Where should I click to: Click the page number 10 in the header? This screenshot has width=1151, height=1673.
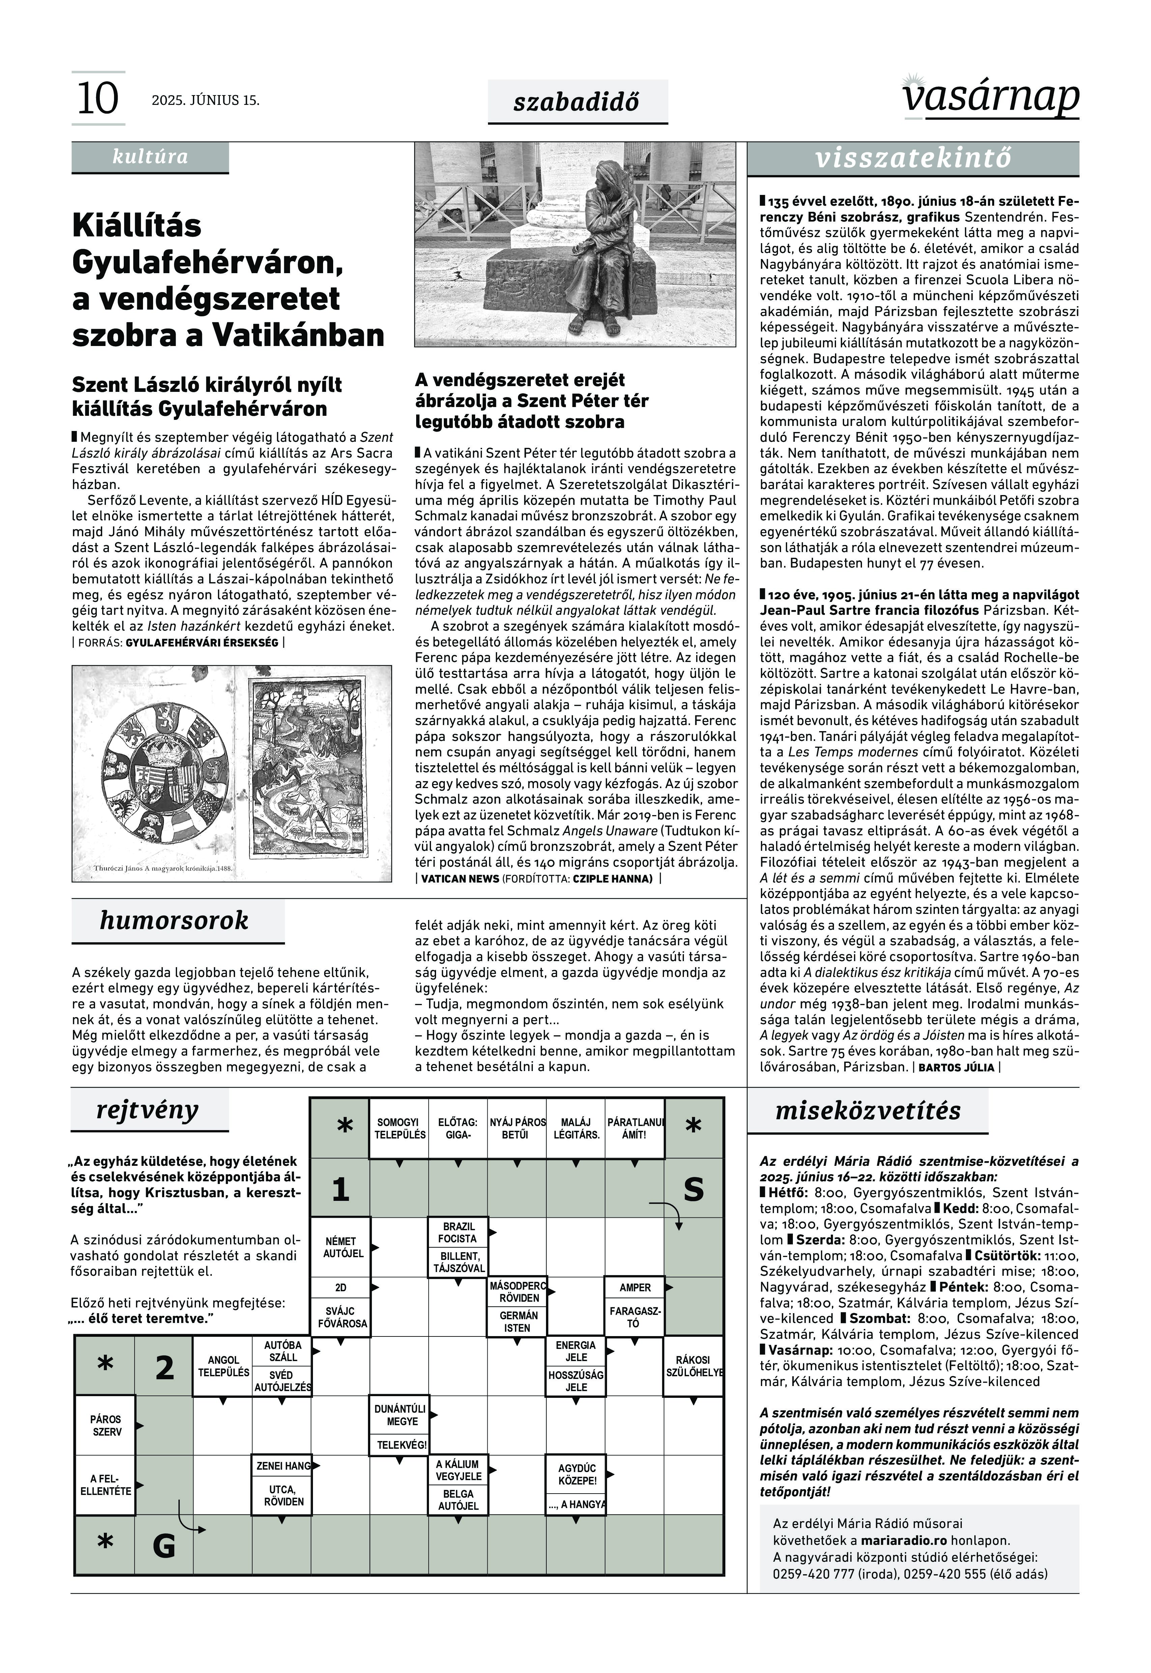click(97, 99)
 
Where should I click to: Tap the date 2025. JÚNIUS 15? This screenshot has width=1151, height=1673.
click(205, 100)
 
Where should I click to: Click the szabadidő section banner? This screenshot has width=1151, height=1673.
click(577, 102)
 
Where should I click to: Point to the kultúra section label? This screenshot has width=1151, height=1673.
click(150, 157)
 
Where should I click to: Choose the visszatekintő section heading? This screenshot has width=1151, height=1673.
click(913, 158)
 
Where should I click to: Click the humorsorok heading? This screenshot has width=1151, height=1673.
click(175, 921)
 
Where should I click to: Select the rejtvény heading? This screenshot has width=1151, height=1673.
click(148, 1110)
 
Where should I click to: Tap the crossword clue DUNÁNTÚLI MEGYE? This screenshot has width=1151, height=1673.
click(400, 1415)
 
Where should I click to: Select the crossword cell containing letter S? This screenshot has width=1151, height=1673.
click(694, 1188)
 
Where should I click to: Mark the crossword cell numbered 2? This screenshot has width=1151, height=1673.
click(165, 1366)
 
